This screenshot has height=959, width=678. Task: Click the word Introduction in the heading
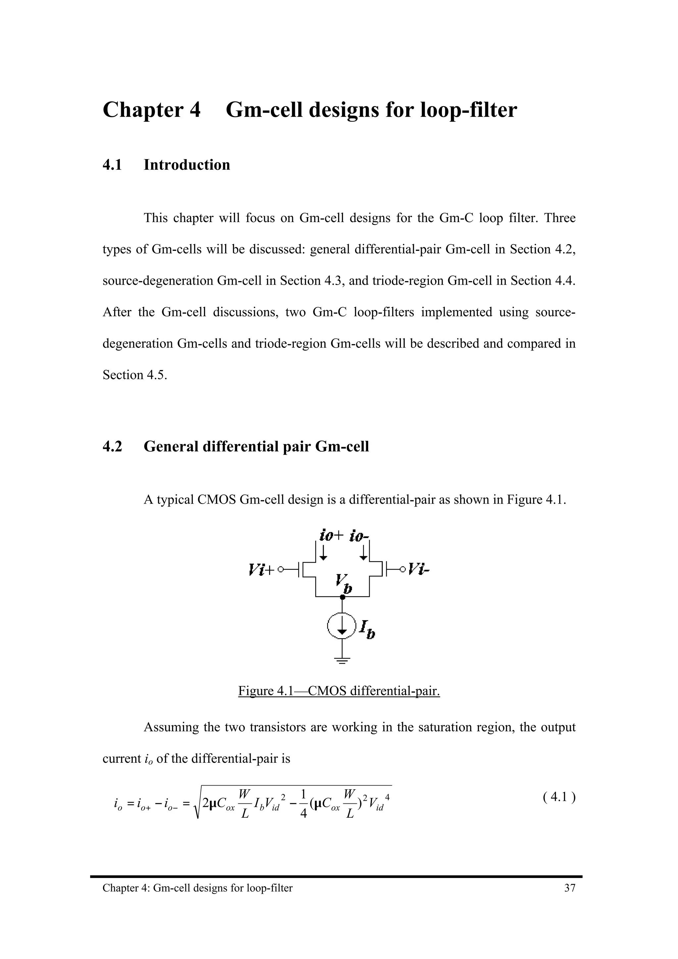187,165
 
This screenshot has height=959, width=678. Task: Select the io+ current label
331,535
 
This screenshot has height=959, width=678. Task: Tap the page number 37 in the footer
570,888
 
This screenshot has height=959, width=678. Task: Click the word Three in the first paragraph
560,218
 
